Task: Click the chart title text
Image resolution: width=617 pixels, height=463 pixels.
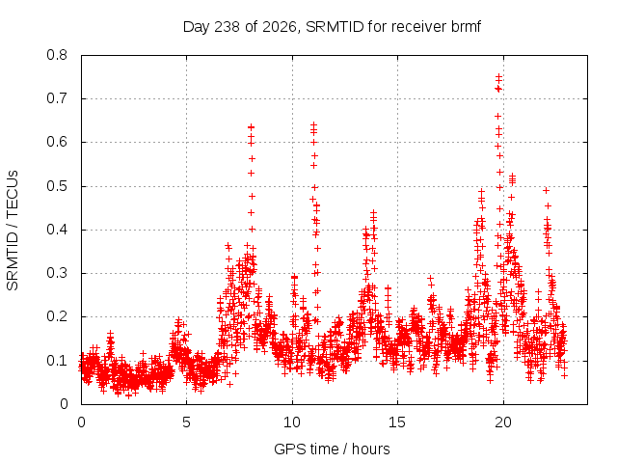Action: point(332,27)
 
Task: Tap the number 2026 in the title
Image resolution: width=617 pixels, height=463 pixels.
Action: point(280,27)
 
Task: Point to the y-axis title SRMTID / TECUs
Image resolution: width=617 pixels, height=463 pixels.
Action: point(13,231)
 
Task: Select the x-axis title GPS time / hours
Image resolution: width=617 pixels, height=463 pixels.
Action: point(332,449)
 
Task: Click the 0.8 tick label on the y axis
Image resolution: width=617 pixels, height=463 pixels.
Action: point(57,55)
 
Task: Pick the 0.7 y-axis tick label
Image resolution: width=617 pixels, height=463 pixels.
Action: point(57,98)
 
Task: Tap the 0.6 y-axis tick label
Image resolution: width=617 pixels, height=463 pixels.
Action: point(57,142)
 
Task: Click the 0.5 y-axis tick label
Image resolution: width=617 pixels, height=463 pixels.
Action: point(57,186)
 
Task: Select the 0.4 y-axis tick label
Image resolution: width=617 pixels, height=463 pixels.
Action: point(57,230)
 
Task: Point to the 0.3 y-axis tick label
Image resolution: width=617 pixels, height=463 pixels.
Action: point(57,273)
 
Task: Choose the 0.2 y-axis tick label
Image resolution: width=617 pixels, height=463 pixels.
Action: point(57,317)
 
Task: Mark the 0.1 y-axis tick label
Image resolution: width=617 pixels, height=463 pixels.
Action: point(57,361)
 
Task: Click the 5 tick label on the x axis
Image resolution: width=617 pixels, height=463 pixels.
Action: point(186,422)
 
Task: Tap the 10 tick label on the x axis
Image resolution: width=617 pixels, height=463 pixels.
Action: point(292,422)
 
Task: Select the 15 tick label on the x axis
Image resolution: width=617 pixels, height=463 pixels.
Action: point(397,422)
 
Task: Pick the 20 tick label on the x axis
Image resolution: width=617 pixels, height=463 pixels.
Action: point(503,422)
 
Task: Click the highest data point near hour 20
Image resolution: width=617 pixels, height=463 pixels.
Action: point(498,76)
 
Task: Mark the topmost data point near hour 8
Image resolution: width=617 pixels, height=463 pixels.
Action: point(251,127)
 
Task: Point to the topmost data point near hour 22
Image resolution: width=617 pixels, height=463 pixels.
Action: point(547,191)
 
